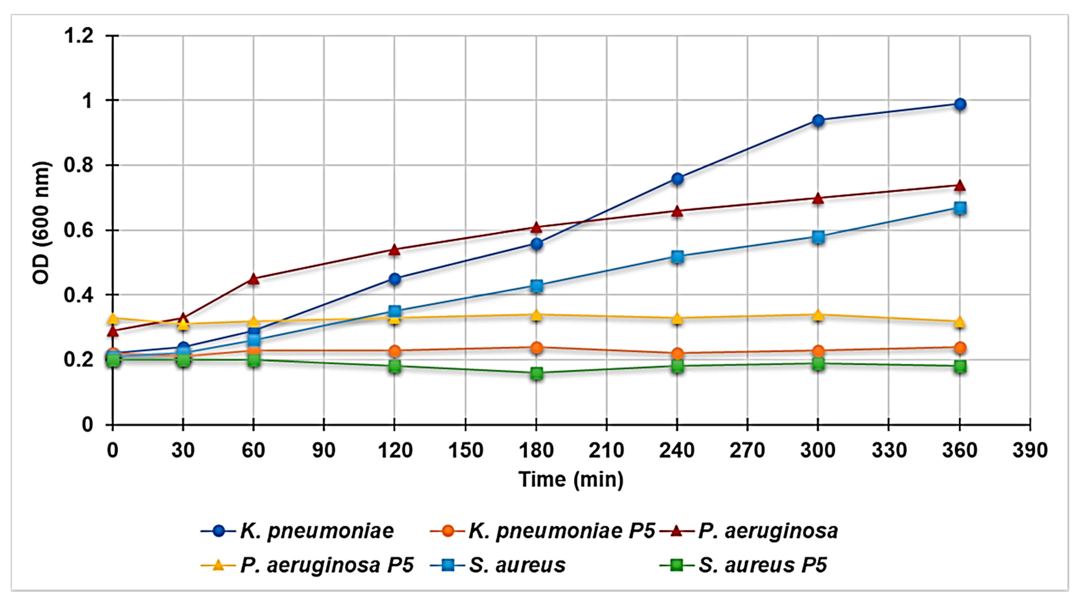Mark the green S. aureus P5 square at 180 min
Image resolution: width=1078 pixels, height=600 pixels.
coord(536,373)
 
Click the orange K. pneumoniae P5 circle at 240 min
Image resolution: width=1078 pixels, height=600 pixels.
coord(677,354)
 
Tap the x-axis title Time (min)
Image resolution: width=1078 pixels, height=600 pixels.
coord(571,479)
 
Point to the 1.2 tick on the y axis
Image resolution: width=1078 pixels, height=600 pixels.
coord(78,36)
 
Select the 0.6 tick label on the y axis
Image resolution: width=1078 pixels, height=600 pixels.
coord(78,230)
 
